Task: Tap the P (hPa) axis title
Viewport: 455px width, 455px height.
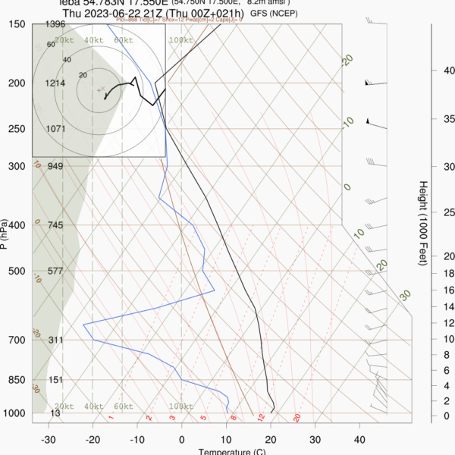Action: [x=6, y=234]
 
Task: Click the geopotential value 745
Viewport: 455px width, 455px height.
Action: [x=55, y=225]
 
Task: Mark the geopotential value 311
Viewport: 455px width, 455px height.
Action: [x=55, y=340]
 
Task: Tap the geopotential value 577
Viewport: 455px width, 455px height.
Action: [x=55, y=271]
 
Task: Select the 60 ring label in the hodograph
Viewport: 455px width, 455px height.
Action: [x=51, y=45]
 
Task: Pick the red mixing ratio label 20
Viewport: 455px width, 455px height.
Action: [x=297, y=417]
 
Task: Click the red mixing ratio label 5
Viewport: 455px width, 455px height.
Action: [x=204, y=417]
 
